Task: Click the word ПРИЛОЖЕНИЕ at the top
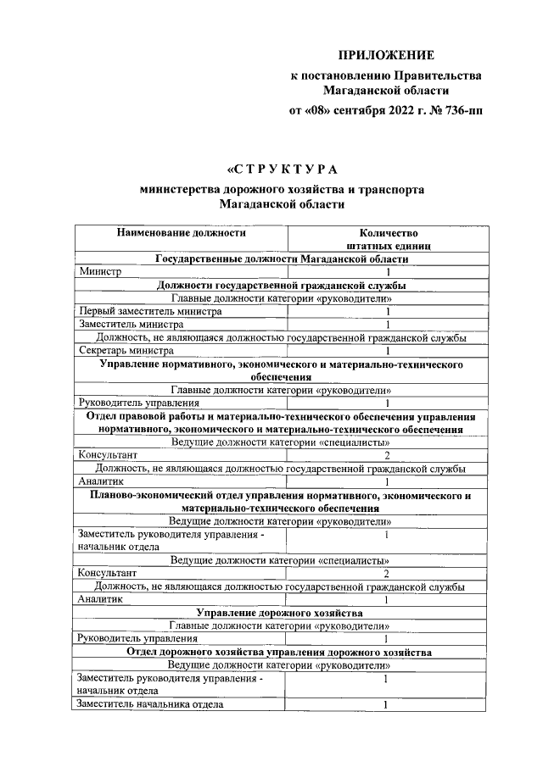tap(386, 56)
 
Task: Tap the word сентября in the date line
tap(347, 109)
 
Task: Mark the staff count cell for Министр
tap(387, 272)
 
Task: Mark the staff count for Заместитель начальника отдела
tap(387, 703)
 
